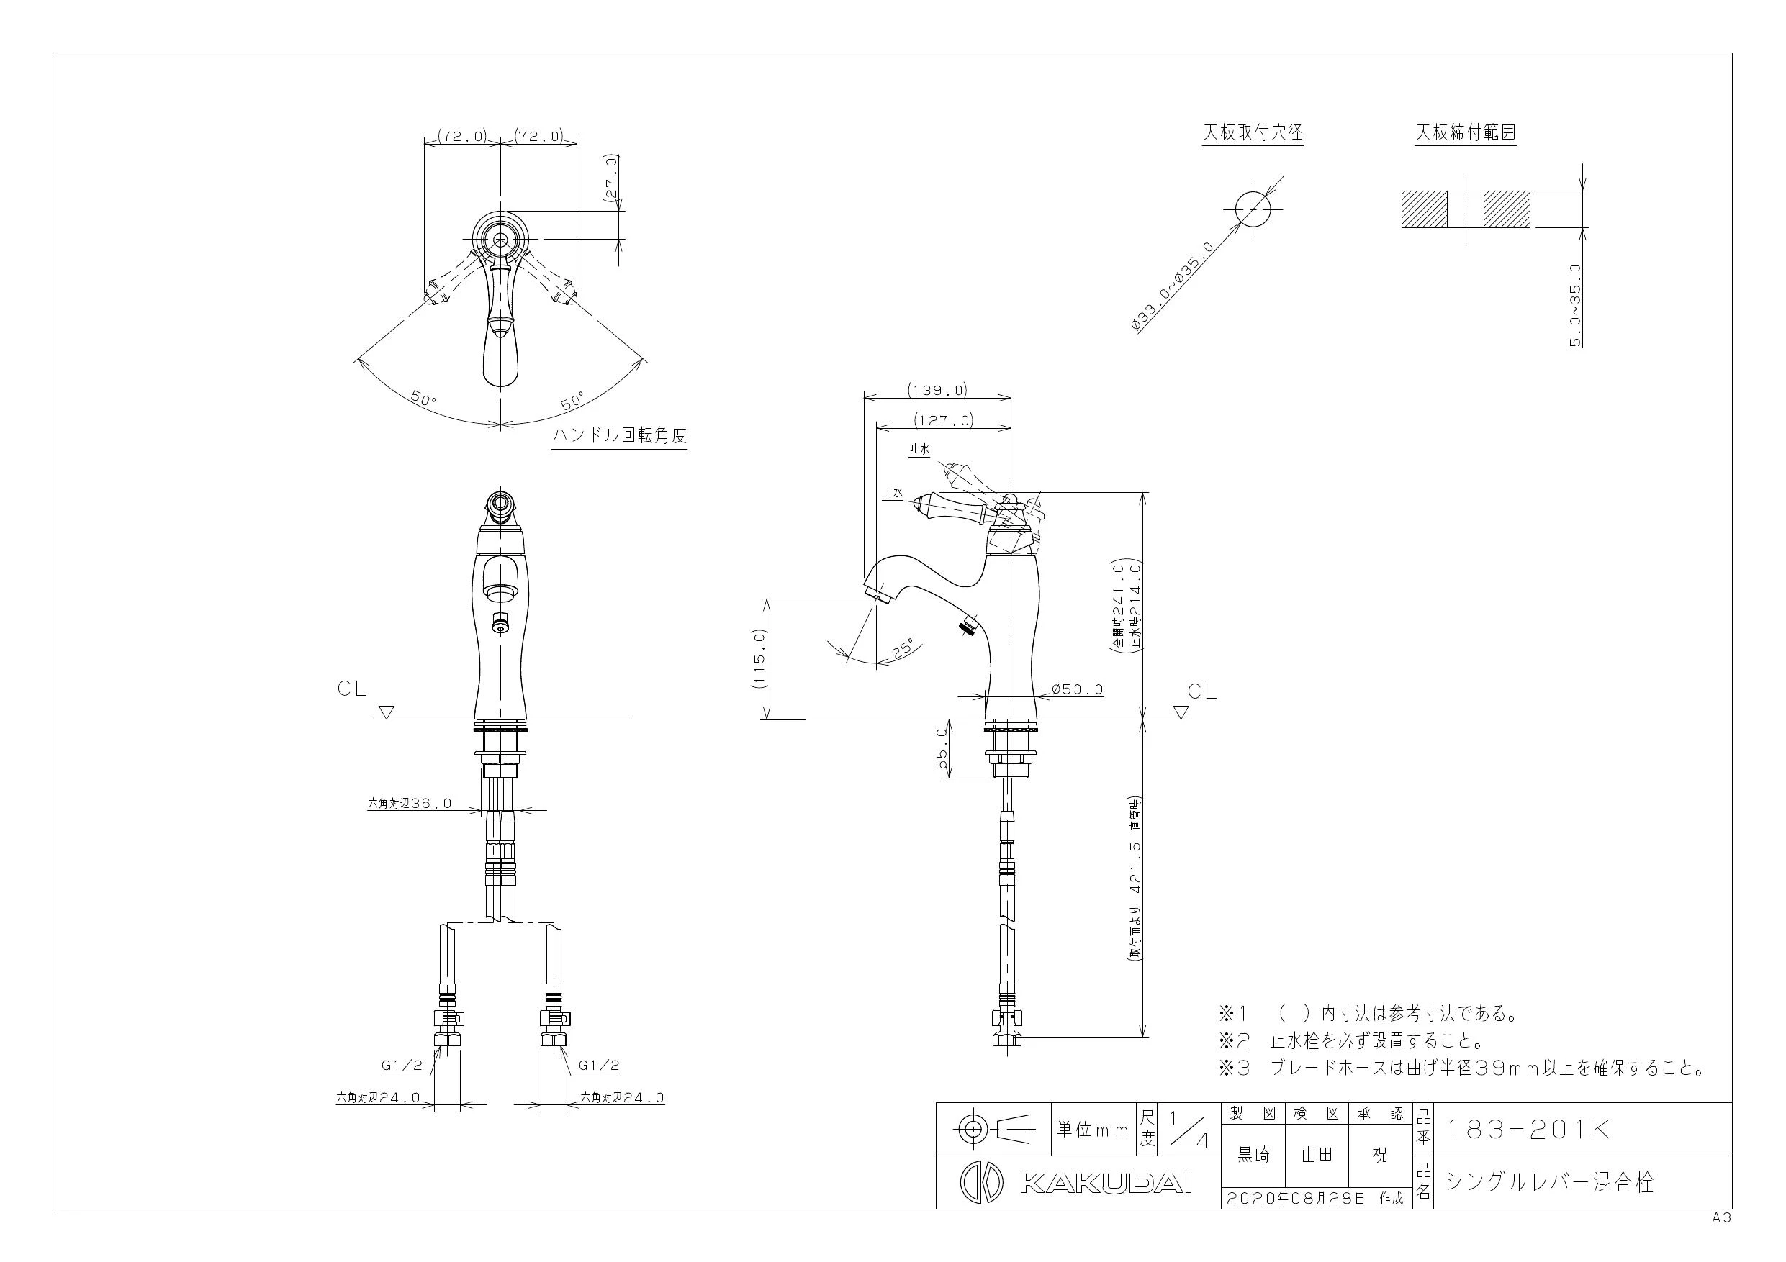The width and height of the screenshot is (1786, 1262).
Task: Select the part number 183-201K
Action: [x=1528, y=1130]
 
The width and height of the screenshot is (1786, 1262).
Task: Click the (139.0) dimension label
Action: [x=937, y=391]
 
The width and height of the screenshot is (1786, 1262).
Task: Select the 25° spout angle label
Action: [x=905, y=649]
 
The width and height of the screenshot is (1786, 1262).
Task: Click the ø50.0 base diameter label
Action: [x=1078, y=690]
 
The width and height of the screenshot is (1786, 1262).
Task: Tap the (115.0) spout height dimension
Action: [x=760, y=658]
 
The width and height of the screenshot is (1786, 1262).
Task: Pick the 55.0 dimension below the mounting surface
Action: [x=942, y=749]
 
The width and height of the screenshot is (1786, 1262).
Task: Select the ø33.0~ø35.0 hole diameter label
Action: [x=1172, y=288]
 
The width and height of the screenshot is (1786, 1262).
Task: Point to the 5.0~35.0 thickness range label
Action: [x=1576, y=306]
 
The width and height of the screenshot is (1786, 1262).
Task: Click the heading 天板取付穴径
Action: [x=1253, y=133]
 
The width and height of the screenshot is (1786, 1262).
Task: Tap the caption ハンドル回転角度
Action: [x=620, y=435]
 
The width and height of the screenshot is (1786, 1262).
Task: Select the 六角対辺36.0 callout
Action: [x=409, y=804]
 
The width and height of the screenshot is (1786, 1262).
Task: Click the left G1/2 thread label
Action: [x=402, y=1066]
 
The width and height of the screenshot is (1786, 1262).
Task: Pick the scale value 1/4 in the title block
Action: [x=1189, y=1130]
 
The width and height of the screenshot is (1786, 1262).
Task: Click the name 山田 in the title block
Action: [x=1317, y=1156]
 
